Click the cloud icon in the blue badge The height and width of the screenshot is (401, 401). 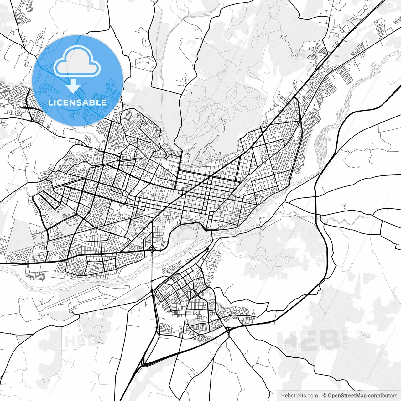77,61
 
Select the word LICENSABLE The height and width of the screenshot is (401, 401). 77,102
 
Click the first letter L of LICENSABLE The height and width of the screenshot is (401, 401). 50,102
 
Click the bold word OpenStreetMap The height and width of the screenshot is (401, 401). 347,396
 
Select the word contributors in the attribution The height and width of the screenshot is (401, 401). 383,396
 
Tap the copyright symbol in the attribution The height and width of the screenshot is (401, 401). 325,396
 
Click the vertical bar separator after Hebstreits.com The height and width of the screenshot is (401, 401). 320,396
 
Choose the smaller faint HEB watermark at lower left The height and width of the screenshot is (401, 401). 76,341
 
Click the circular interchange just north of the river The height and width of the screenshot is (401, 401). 152,249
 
